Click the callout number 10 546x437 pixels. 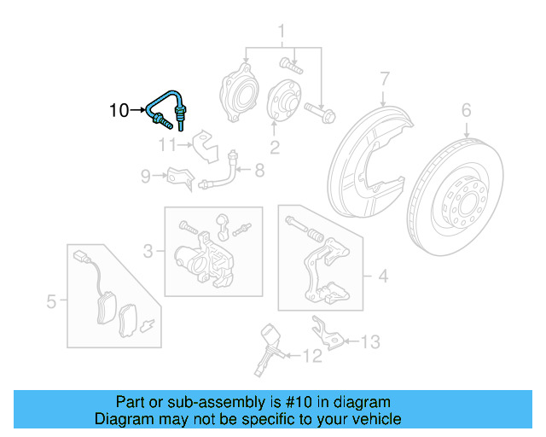(x=119, y=110)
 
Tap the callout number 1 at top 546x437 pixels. (x=280, y=33)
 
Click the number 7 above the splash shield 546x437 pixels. (x=385, y=79)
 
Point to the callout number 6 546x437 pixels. (x=466, y=110)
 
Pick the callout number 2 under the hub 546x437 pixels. (x=275, y=149)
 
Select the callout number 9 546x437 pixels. (x=146, y=177)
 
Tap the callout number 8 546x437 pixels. (x=259, y=171)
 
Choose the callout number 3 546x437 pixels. (x=148, y=251)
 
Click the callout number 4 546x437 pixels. (x=383, y=276)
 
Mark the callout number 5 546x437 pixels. (x=52, y=301)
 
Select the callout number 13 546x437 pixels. (x=369, y=342)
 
